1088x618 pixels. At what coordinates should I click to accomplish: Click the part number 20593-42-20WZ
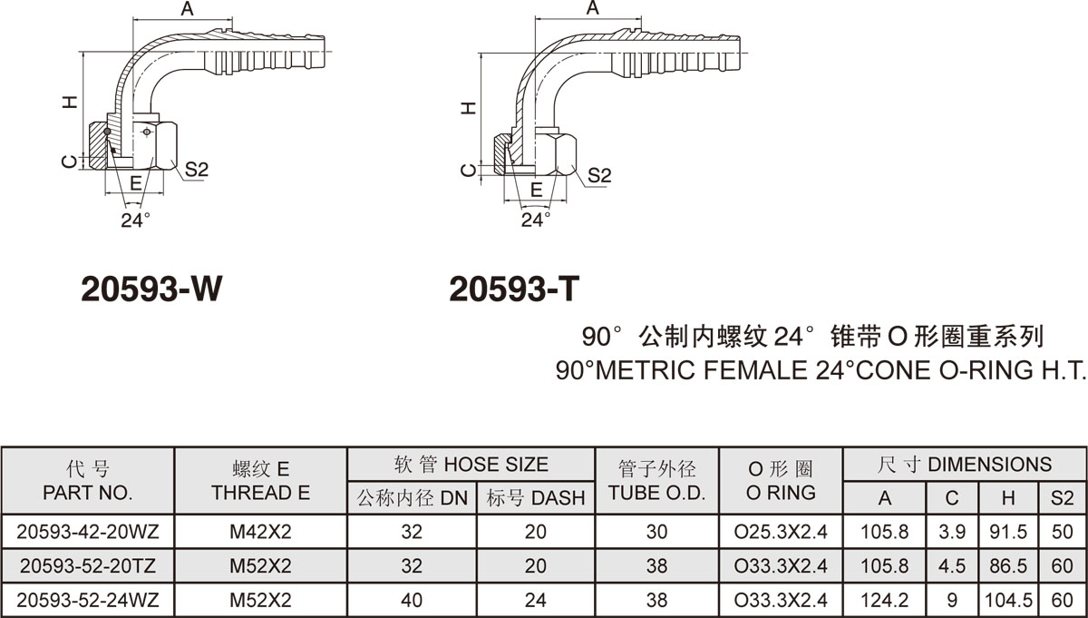tap(88, 532)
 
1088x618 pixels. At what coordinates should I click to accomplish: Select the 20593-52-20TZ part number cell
tap(88, 566)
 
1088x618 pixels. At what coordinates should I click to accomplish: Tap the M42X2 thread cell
tap(260, 532)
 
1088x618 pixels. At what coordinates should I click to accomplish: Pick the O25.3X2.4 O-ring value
tap(781, 532)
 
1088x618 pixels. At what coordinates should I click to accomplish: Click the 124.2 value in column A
tap(885, 600)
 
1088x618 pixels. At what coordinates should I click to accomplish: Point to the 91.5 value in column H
tap(1008, 532)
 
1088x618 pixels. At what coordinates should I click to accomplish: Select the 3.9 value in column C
tap(952, 532)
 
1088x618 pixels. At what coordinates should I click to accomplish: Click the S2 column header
tap(1063, 498)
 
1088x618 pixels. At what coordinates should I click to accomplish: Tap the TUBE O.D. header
tap(656, 493)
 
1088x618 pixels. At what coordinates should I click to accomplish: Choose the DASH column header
tap(559, 498)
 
